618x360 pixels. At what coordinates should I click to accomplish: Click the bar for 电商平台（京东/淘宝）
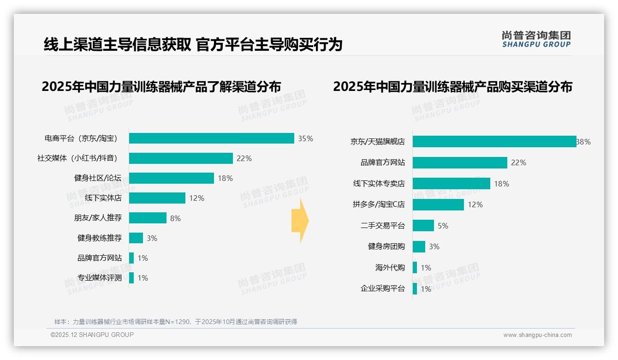tap(211, 138)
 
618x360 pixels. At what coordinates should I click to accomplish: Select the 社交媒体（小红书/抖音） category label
tap(77, 158)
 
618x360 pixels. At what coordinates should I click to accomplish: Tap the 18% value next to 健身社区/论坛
tap(225, 178)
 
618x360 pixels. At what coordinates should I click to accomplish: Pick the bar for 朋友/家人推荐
tap(148, 218)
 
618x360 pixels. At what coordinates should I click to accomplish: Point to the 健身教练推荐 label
tap(100, 238)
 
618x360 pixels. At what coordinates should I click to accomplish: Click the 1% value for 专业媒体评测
tap(143, 278)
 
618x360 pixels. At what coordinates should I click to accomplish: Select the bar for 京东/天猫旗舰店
tap(494, 142)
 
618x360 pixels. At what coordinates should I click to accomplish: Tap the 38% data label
tap(583, 142)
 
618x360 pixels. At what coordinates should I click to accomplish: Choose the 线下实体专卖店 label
tap(379, 184)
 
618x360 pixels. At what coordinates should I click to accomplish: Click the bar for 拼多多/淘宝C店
tap(438, 204)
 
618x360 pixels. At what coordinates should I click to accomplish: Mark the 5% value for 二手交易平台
tap(443, 226)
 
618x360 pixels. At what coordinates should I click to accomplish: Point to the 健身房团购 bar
tap(419, 246)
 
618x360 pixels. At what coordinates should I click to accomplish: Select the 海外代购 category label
tap(390, 268)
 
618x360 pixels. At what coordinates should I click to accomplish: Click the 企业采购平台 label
tap(382, 289)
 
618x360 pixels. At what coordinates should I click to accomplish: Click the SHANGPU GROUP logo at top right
tap(536, 39)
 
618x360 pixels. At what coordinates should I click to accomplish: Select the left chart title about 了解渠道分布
tap(161, 87)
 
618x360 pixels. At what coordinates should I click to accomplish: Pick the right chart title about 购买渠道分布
tap(452, 87)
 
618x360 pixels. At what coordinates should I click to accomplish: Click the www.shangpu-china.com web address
tap(537, 335)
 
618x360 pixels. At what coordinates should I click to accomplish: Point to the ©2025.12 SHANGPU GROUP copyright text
tap(92, 335)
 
